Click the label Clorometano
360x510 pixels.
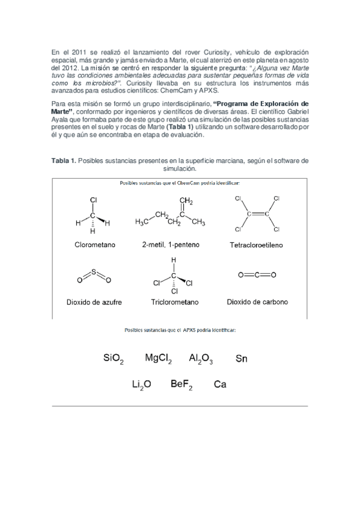pyautogui.click(x=95, y=245)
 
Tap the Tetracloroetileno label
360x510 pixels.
pyautogui.click(x=256, y=245)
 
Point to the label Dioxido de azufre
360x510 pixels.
pyautogui.click(x=94, y=302)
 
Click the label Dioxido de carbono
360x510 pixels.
pyautogui.click(x=257, y=302)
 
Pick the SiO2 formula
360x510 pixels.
pyautogui.click(x=113, y=359)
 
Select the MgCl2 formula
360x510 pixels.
pyautogui.click(x=158, y=359)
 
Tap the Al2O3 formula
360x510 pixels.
pyautogui.click(x=201, y=359)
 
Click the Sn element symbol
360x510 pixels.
pyautogui.click(x=241, y=359)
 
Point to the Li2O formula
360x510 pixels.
pyautogui.click(x=142, y=384)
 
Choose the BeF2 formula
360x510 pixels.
pyautogui.click(x=181, y=384)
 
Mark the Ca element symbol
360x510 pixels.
pyautogui.click(x=219, y=384)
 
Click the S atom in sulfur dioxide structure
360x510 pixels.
pyautogui.click(x=94, y=272)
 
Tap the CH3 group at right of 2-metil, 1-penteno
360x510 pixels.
pyautogui.click(x=198, y=223)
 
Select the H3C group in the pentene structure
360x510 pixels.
pyautogui.click(x=142, y=223)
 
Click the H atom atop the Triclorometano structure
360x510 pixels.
pyautogui.click(x=174, y=260)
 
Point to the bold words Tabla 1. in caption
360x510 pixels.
pyautogui.click(x=64, y=161)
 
